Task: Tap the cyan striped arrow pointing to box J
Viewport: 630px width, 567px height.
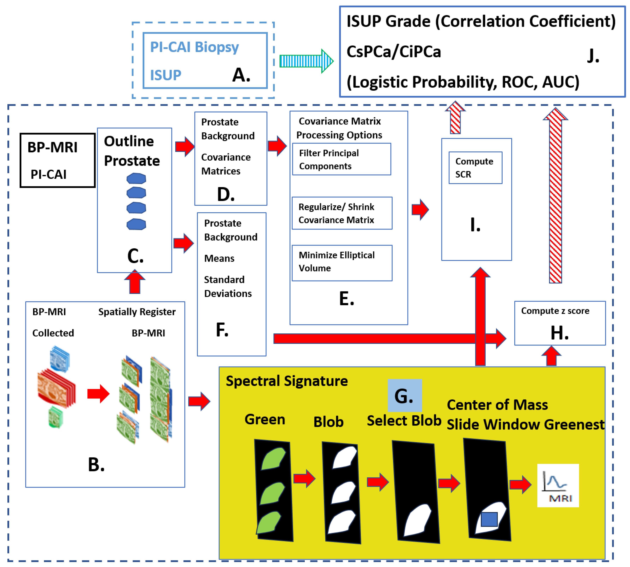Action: pyautogui.click(x=306, y=61)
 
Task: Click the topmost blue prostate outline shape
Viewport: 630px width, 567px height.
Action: pyautogui.click(x=136, y=179)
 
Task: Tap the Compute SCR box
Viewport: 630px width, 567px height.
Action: pyautogui.click(x=475, y=168)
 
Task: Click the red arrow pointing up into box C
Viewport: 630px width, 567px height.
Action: pyautogui.click(x=135, y=282)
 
